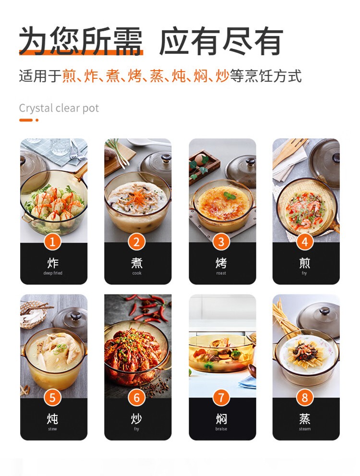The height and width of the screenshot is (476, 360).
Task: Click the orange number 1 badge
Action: (52, 242)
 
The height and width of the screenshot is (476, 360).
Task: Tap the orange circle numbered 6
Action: (137, 398)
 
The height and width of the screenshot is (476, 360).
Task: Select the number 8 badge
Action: (305, 398)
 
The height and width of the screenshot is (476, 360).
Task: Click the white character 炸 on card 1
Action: (53, 263)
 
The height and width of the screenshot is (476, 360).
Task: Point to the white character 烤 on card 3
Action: (221, 263)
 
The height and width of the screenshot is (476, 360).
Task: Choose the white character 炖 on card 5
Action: (52, 419)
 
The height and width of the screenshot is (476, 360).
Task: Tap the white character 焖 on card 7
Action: (221, 419)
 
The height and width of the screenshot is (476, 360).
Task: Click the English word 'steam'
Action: (305, 429)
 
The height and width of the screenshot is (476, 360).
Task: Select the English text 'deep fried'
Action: (53, 273)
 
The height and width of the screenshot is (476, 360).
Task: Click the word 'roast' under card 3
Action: (221, 273)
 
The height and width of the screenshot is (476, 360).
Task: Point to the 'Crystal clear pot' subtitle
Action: (59, 108)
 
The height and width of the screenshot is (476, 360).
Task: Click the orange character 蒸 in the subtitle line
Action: (156, 75)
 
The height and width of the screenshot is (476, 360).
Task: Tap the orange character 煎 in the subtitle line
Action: (69, 75)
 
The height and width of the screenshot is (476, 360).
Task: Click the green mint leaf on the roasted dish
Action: (229, 195)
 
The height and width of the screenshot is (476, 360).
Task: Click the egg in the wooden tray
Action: (200, 159)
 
